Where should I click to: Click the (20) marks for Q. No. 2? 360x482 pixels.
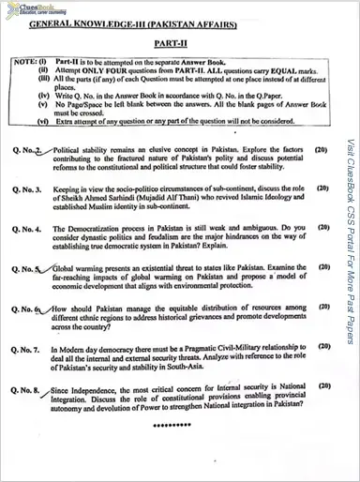tap(322, 149)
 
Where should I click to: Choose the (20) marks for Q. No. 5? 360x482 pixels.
tap(322, 267)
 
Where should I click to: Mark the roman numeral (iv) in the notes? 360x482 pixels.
tap(43, 96)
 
